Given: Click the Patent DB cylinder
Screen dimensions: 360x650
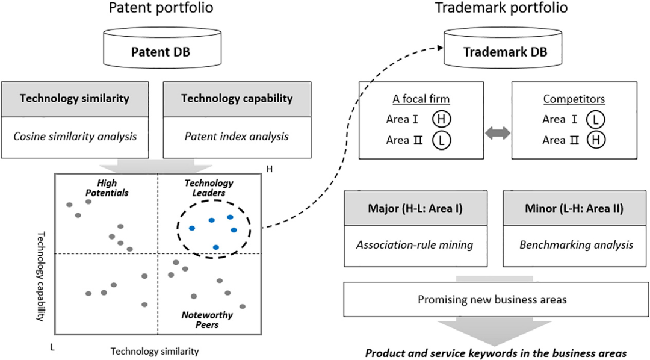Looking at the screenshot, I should click(x=161, y=51).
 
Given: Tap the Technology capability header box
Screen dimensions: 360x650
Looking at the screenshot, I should click(x=237, y=98).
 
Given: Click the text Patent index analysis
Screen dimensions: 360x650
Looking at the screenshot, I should click(x=237, y=136).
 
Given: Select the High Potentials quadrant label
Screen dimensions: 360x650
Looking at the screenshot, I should click(x=106, y=188).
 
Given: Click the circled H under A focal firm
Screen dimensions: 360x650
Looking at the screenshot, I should click(x=441, y=119).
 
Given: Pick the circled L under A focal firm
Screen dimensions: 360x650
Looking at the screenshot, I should click(x=441, y=140).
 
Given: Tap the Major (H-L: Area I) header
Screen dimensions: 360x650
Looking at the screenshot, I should click(x=419, y=209).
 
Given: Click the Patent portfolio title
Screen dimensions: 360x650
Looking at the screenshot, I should click(x=160, y=8).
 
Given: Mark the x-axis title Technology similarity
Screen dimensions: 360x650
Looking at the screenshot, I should click(x=155, y=349).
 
